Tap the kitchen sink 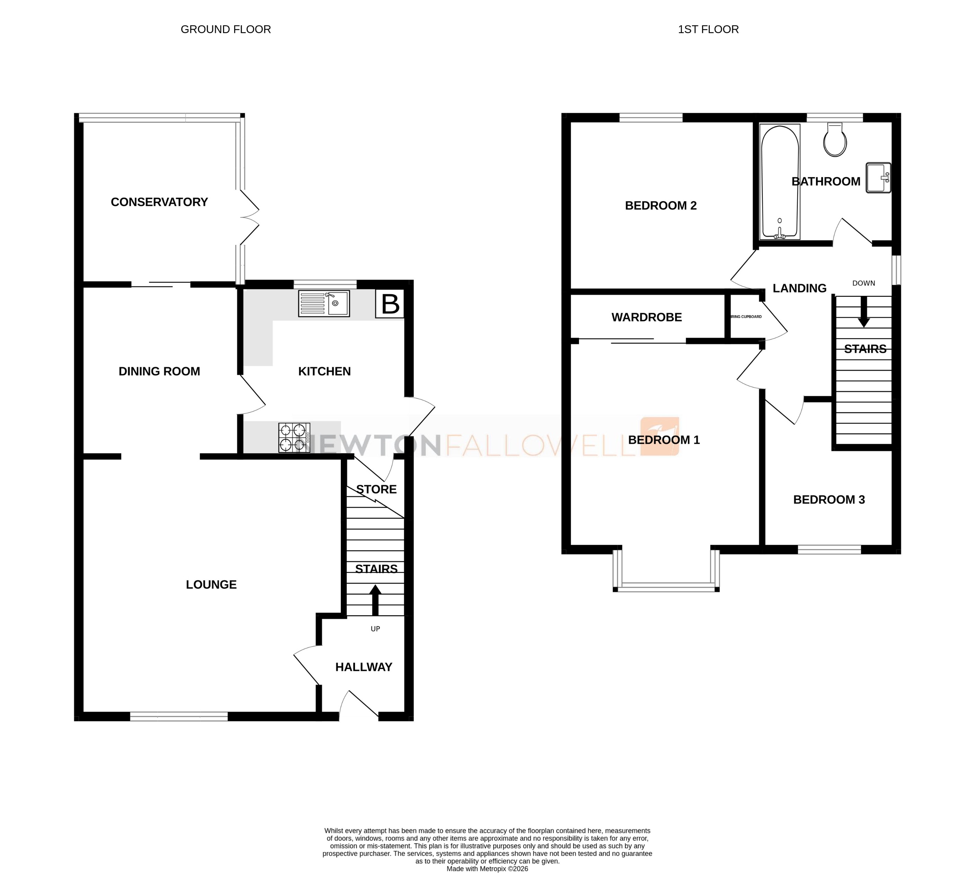click(x=324, y=303)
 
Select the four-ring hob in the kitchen click(x=294, y=437)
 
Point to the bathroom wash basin click(x=878, y=177)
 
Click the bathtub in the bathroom click(x=780, y=182)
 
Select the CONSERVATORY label click(x=159, y=202)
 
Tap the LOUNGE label click(x=211, y=584)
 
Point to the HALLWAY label click(x=364, y=667)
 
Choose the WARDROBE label click(x=647, y=317)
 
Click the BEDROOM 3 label click(x=829, y=499)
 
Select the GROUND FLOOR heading click(x=225, y=29)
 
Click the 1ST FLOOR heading click(x=708, y=29)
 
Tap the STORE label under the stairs click(x=376, y=489)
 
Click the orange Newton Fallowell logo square click(x=660, y=435)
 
